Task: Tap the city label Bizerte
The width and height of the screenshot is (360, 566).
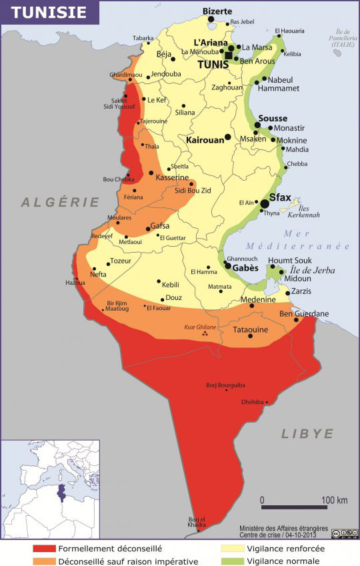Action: [x=217, y=11]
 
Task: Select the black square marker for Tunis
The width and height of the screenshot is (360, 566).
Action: [x=229, y=55]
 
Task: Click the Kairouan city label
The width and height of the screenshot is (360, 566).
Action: [x=204, y=141]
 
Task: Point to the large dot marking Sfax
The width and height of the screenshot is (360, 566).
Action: [x=265, y=203]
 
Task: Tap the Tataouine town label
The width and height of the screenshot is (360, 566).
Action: [x=250, y=329]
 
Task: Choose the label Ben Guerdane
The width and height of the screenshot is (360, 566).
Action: [x=303, y=313]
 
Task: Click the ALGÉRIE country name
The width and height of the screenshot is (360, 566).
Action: [x=60, y=202]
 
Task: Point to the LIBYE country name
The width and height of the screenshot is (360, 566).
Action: [x=307, y=433]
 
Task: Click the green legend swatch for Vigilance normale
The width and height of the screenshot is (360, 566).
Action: [x=231, y=561]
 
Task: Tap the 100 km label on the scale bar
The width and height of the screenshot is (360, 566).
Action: [x=335, y=500]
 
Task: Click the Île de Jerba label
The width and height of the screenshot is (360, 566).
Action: [x=313, y=271]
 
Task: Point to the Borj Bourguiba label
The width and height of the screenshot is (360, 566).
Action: [x=226, y=385]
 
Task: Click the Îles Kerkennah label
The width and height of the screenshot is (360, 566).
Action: [x=305, y=211]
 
